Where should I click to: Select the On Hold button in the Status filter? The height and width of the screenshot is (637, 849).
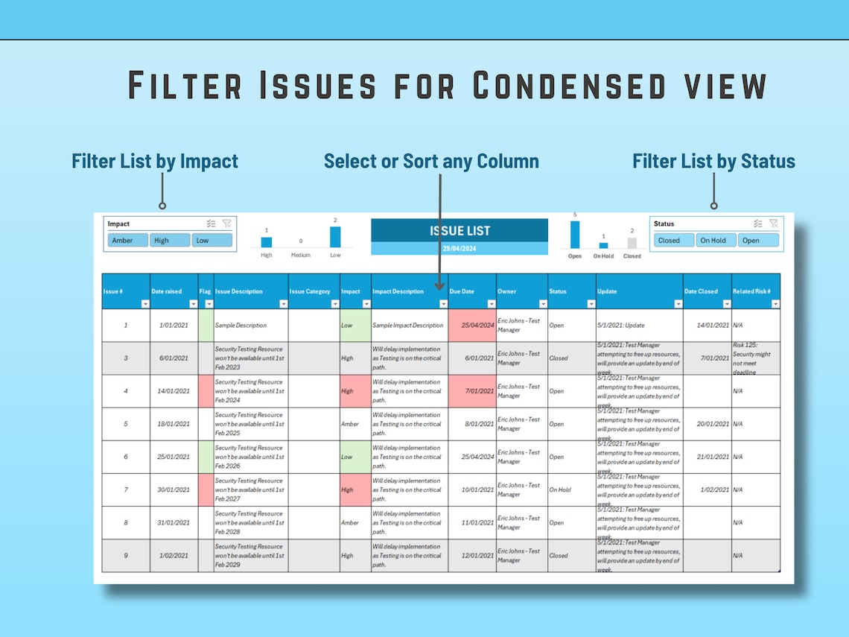[x=713, y=241]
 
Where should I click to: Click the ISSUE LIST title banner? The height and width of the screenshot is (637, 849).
[x=460, y=231]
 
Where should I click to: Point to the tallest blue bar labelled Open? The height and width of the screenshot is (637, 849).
[x=574, y=234]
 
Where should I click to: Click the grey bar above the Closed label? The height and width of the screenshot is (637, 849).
[x=632, y=243]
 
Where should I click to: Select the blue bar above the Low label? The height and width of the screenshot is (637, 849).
[x=335, y=237]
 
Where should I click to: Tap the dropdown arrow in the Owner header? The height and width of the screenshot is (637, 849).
[x=543, y=304]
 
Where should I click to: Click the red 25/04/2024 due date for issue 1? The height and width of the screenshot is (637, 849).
[x=472, y=326]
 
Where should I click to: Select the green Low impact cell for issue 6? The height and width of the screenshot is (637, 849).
[x=355, y=457]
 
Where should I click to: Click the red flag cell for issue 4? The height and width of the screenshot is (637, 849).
[x=206, y=391]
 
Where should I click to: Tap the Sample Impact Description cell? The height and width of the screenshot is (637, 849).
[x=408, y=326]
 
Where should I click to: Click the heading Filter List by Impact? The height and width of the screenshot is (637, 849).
[x=155, y=161]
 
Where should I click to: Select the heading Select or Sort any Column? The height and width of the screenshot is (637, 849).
[x=431, y=161]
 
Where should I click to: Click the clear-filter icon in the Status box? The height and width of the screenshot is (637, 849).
[x=774, y=224]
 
